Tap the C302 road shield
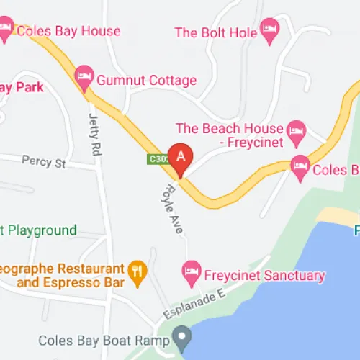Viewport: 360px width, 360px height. (x=157, y=159)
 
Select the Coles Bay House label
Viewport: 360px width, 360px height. (x=68, y=31)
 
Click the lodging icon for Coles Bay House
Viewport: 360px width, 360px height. (x=6, y=30)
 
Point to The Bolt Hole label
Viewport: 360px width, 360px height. (x=216, y=32)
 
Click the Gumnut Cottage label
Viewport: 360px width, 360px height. (x=147, y=79)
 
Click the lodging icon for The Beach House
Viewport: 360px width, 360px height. (x=295, y=130)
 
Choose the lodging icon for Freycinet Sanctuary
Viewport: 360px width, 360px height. (x=191, y=271)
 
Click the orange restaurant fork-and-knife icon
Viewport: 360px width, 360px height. (x=137, y=271)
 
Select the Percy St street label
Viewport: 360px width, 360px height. (x=43, y=161)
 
